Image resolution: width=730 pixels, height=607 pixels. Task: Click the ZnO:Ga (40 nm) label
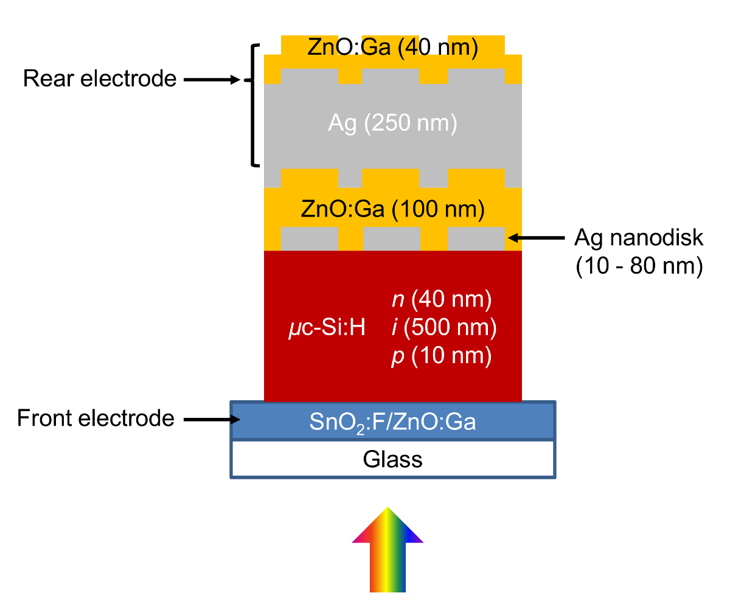coord(392,48)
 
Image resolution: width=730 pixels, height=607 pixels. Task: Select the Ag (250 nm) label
coord(392,124)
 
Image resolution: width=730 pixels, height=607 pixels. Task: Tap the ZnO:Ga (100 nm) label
coord(392,210)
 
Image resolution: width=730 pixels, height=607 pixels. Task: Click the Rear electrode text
coord(100,79)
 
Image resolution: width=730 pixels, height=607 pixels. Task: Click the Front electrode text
coord(96,418)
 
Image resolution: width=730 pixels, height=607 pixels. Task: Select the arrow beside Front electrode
coord(207,419)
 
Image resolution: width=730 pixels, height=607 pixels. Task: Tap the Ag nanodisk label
coord(639,238)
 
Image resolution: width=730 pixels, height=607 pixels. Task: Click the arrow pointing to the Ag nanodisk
coord(538,238)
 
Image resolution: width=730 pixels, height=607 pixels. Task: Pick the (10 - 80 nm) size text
coord(639,266)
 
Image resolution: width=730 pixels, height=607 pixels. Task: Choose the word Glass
coord(392,459)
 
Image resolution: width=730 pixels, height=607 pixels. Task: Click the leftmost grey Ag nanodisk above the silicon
coord(309,238)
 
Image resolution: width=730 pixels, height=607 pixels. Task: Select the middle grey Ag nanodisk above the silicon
coord(392,238)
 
